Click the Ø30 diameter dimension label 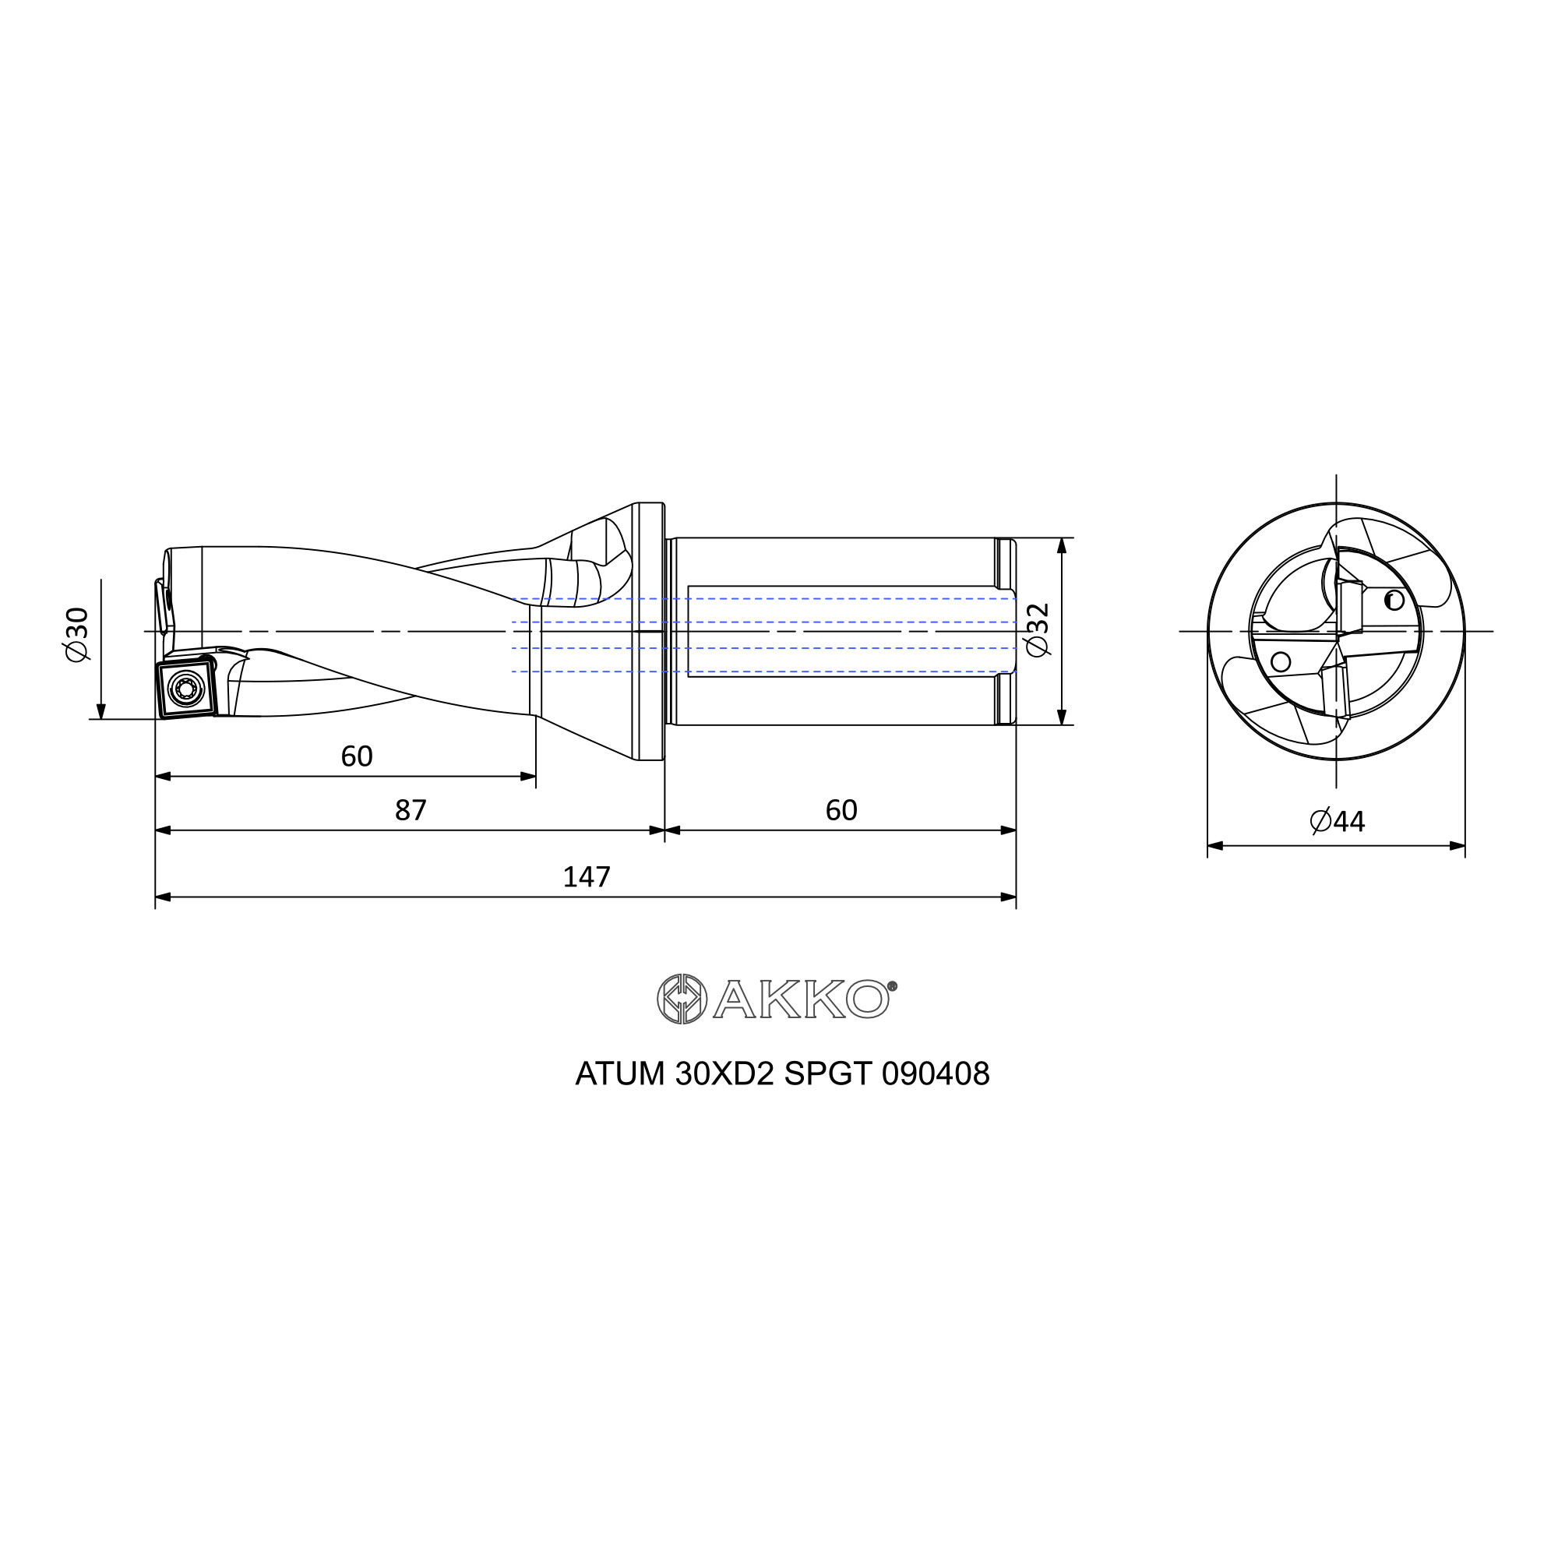[x=78, y=635]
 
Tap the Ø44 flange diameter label [x=1337, y=821]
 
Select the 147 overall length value [x=587, y=876]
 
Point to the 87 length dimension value [x=411, y=809]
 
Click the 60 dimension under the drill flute [x=357, y=756]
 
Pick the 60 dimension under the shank [x=841, y=809]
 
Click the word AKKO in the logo [x=801, y=999]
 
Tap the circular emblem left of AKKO [x=682, y=999]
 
